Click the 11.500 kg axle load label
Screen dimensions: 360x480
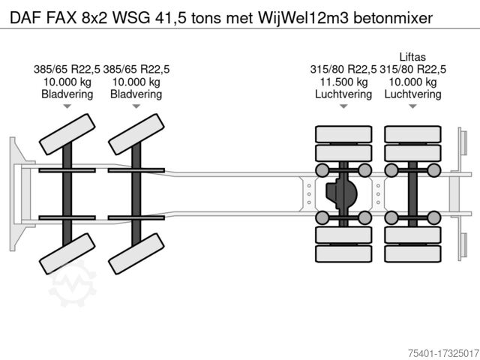[x=341, y=82]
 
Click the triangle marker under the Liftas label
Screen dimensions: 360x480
[x=412, y=107]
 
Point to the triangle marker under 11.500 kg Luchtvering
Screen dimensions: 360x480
[x=342, y=107]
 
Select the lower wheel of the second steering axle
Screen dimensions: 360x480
[x=136, y=253]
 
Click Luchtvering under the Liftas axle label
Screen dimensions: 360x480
[x=412, y=94]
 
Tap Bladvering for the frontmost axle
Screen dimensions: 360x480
[x=67, y=94]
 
